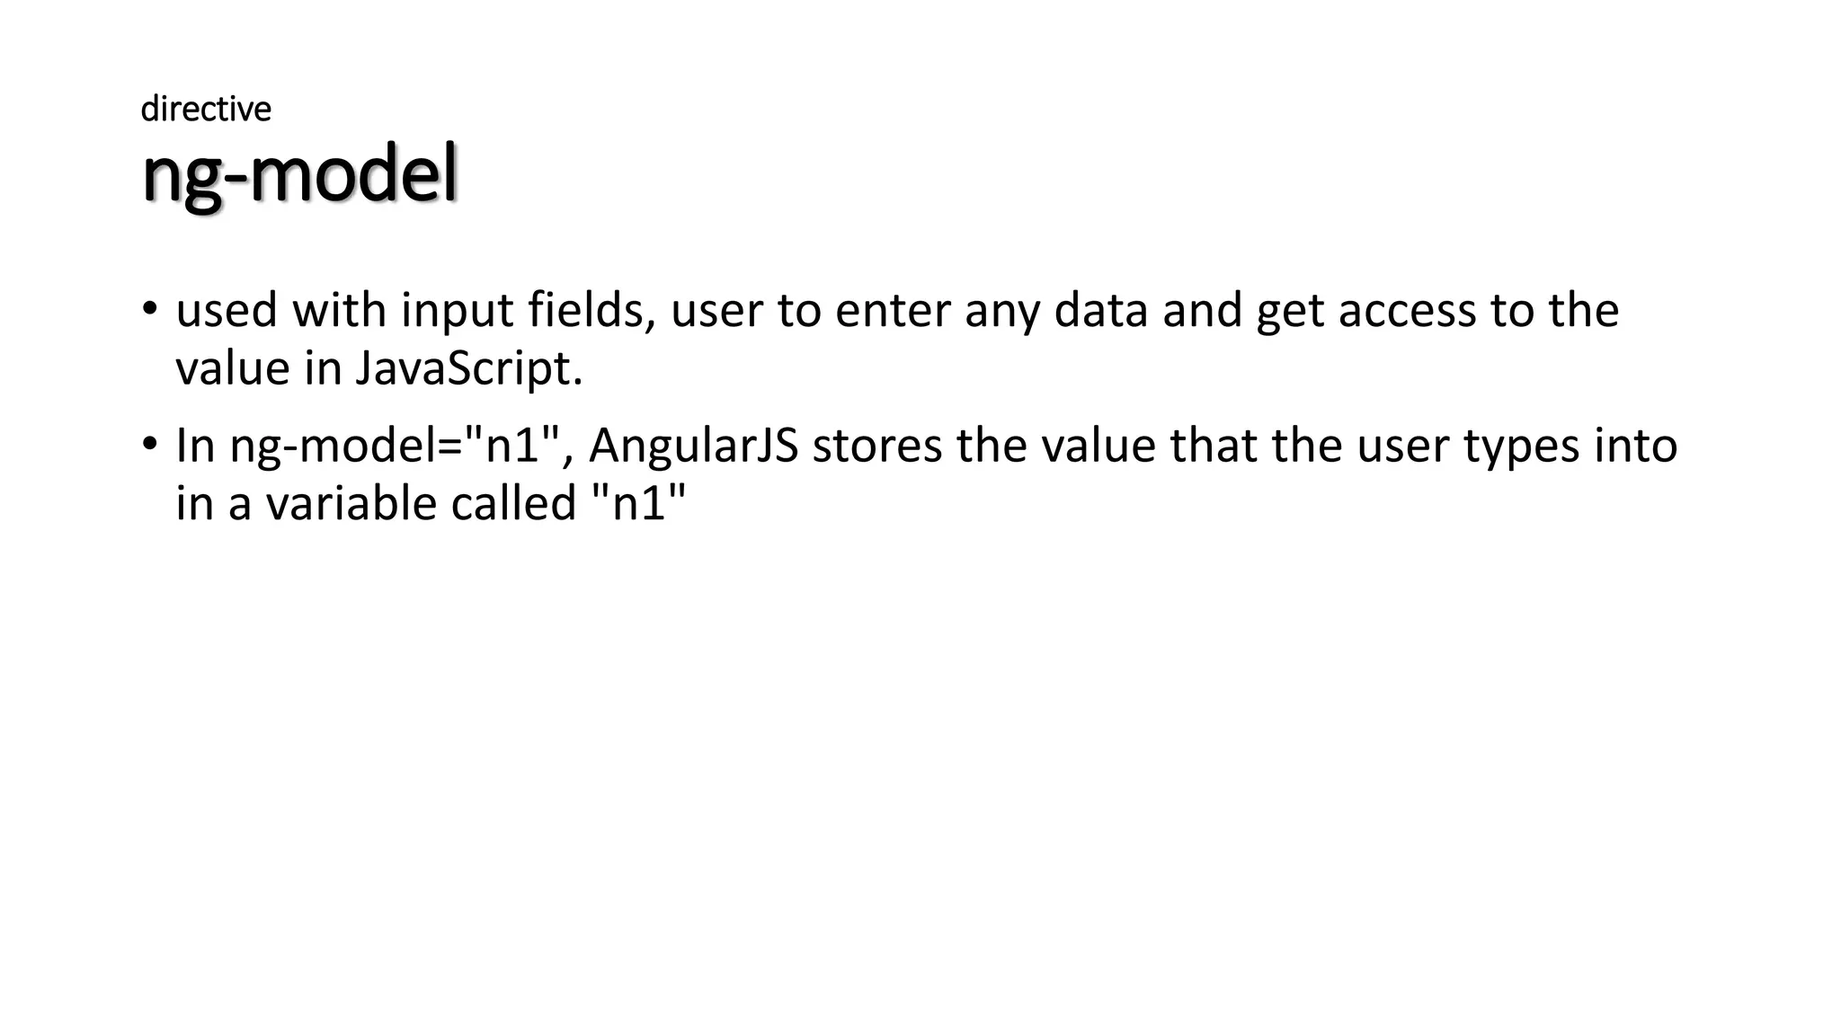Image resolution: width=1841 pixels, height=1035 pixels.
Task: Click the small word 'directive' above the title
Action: click(x=206, y=109)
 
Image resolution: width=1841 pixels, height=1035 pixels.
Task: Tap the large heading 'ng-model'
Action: click(x=299, y=175)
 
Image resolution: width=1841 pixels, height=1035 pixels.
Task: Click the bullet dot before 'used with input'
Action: click(x=149, y=310)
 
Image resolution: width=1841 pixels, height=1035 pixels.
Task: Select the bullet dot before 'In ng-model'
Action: click(x=149, y=446)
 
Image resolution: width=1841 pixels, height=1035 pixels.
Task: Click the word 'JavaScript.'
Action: click(x=469, y=368)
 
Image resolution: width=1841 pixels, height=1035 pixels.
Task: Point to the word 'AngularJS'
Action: click(x=693, y=447)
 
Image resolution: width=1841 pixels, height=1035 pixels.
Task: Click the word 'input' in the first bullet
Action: click(x=458, y=313)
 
